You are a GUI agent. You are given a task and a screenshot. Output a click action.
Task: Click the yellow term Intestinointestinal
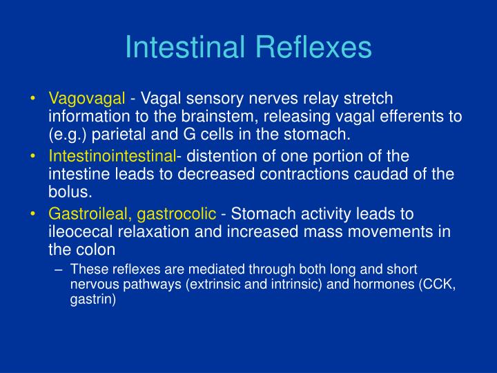coord(113,156)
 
